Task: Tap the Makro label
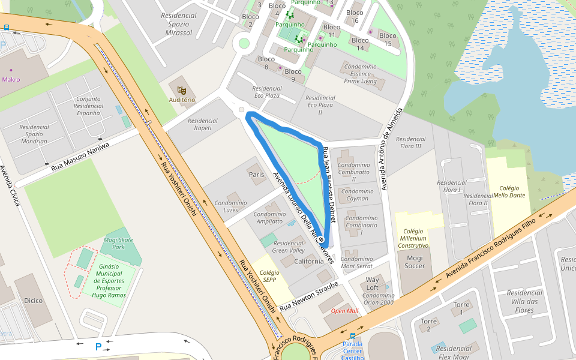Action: pos(11,79)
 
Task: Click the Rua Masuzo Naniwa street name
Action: pos(80,157)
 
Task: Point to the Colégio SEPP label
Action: pos(269,276)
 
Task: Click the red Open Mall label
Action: pos(344,311)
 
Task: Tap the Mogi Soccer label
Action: pos(415,262)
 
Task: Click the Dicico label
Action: pos(33,300)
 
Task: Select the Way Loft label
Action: pos(373,283)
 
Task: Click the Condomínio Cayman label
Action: pos(357,195)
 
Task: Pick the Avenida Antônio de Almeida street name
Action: pos(389,149)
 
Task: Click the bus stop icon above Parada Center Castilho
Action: pos(352,336)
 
